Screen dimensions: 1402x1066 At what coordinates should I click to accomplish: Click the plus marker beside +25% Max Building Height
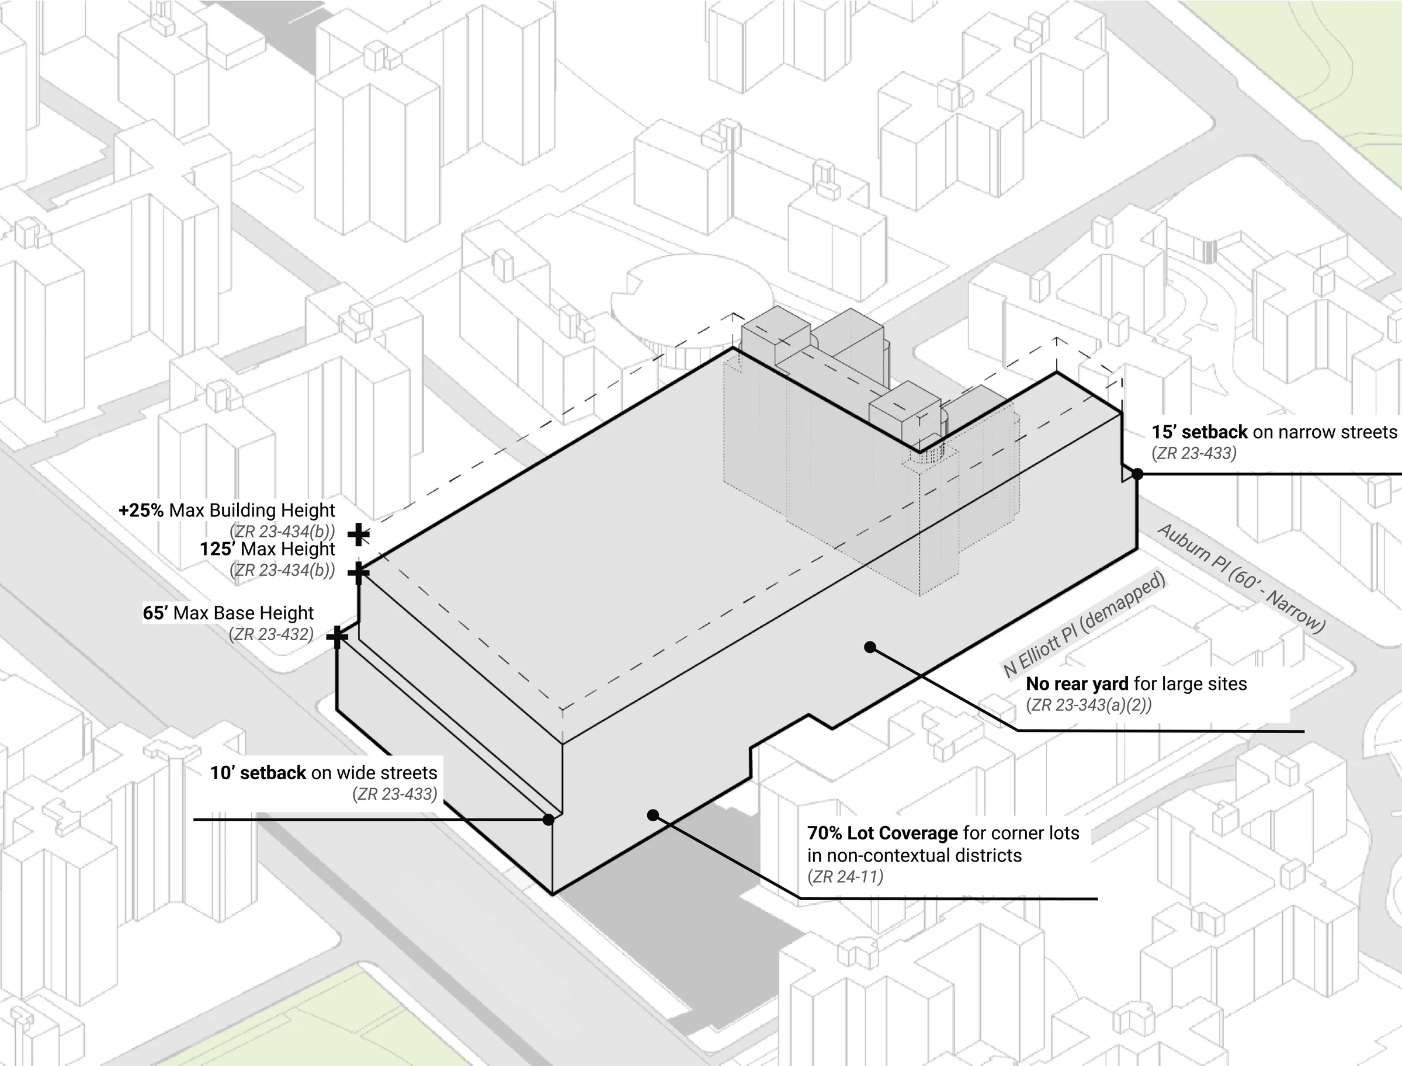tap(359, 534)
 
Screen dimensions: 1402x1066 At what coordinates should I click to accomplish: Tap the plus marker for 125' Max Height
tap(359, 573)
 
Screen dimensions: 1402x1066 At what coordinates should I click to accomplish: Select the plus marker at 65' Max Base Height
tap(337, 637)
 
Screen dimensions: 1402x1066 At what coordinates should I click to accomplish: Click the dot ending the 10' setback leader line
tap(549, 820)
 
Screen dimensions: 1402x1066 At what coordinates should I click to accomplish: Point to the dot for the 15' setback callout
tap(1137, 473)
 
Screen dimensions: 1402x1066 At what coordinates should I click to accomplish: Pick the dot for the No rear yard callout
tap(870, 647)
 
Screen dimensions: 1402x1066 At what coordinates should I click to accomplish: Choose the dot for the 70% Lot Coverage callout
tap(653, 815)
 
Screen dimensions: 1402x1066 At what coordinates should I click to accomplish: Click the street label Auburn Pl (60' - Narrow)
tap(1241, 579)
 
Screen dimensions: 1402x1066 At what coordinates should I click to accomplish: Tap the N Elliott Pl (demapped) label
tap(1084, 626)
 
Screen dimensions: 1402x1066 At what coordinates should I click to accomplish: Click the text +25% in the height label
tap(141, 510)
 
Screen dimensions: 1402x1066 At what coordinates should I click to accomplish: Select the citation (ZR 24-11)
tap(845, 877)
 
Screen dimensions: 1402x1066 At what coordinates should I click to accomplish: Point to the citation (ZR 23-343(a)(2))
tap(1088, 705)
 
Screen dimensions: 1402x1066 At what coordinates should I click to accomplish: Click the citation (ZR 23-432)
tap(272, 634)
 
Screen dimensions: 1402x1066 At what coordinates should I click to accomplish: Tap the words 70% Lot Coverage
tap(882, 833)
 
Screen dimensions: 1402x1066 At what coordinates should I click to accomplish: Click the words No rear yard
tap(1077, 684)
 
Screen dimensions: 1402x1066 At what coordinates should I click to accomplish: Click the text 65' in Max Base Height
tap(155, 613)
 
